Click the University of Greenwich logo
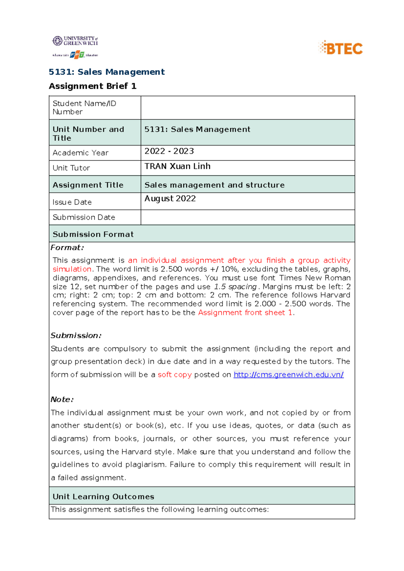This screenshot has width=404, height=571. [75, 41]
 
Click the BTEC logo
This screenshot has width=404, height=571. [341, 48]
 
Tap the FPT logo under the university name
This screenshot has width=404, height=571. [77, 55]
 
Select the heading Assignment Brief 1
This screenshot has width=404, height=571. [93, 86]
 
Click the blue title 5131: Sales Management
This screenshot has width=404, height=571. [107, 72]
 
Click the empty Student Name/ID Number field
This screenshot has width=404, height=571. [247, 108]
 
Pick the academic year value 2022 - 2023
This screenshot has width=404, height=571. [169, 151]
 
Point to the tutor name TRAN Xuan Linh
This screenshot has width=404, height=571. [177, 166]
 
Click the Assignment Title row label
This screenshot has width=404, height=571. [88, 185]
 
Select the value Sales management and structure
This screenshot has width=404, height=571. [214, 185]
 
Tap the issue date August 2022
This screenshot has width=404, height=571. [170, 199]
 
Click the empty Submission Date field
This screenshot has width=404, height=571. [247, 217]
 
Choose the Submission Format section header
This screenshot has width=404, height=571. [93, 234]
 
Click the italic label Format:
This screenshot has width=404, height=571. [67, 247]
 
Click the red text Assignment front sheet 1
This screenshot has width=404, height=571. [245, 312]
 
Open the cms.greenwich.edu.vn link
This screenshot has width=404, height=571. [289, 374]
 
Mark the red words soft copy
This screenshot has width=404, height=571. [175, 374]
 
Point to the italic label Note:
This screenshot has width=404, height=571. [62, 399]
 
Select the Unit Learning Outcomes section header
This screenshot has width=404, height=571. [103, 496]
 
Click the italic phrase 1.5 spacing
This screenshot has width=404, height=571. [235, 287]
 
